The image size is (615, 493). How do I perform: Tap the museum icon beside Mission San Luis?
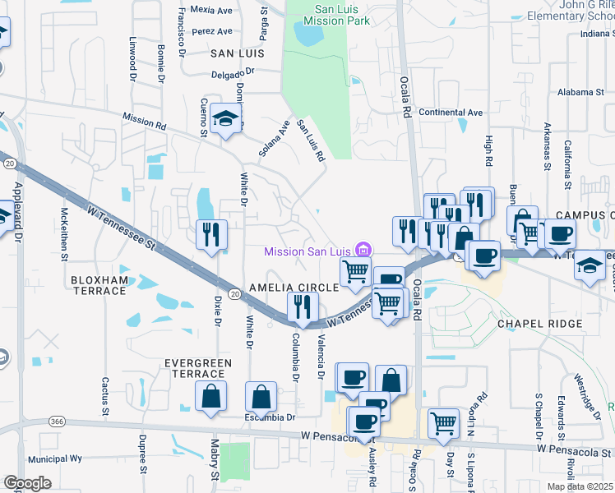pos(363,251)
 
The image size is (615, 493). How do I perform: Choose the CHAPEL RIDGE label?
pos(539,324)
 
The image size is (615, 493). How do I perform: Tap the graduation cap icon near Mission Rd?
pos(225,119)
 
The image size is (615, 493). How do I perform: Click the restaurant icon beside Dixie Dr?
pos(211,235)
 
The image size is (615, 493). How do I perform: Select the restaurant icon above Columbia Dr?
pos(303,307)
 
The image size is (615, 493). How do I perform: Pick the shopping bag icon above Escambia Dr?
pos(261,398)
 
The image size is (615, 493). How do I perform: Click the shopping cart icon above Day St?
pos(444,423)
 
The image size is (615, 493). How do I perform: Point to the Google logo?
pos(26,483)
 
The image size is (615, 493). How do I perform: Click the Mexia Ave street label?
pos(210,11)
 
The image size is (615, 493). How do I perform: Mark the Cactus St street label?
pos(105,394)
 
